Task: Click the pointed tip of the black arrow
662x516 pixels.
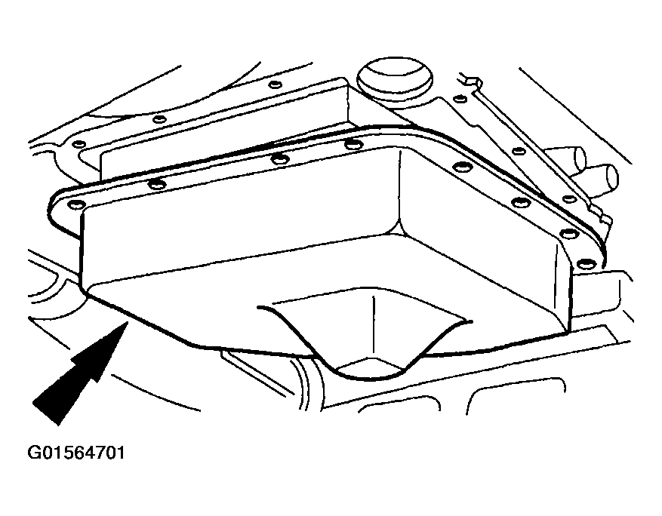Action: click(127, 322)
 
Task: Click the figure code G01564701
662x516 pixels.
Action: click(76, 453)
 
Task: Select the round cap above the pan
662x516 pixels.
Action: click(395, 79)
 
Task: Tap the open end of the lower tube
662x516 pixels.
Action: click(611, 177)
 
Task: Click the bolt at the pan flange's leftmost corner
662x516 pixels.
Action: click(77, 205)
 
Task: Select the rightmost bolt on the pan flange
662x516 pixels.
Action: click(587, 264)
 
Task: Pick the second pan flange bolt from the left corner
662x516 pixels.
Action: click(157, 184)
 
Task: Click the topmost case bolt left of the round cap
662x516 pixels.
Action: click(276, 84)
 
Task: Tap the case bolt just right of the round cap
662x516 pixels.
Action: click(460, 99)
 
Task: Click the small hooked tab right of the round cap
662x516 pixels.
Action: click(472, 81)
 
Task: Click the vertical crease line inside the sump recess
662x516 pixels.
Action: click(373, 326)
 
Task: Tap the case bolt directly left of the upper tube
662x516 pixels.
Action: click(519, 151)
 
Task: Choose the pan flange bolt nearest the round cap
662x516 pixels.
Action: click(353, 145)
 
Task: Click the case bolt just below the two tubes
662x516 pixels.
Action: click(570, 199)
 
